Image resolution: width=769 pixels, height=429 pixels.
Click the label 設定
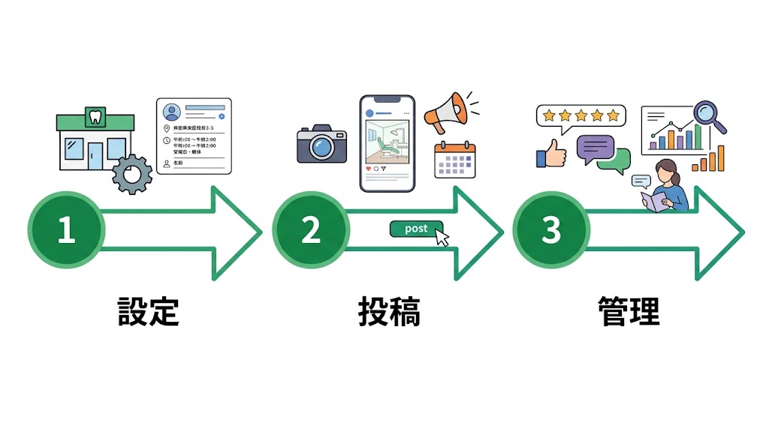click(x=149, y=311)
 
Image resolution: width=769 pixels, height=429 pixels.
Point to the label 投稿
click(x=389, y=311)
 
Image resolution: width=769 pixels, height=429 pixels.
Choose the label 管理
click(x=629, y=311)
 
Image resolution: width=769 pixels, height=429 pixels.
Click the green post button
click(x=415, y=229)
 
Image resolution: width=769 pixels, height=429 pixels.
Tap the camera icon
click(x=321, y=145)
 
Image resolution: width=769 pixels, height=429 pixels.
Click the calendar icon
click(x=455, y=159)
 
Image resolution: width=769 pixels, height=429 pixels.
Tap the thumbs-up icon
click(x=553, y=153)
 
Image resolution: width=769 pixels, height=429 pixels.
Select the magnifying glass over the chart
click(x=707, y=115)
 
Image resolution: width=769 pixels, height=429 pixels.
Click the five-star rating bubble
click(x=581, y=115)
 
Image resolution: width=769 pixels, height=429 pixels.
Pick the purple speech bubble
click(x=595, y=148)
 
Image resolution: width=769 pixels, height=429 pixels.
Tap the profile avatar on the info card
click(x=172, y=112)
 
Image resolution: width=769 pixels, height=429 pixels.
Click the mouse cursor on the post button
click(x=442, y=238)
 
